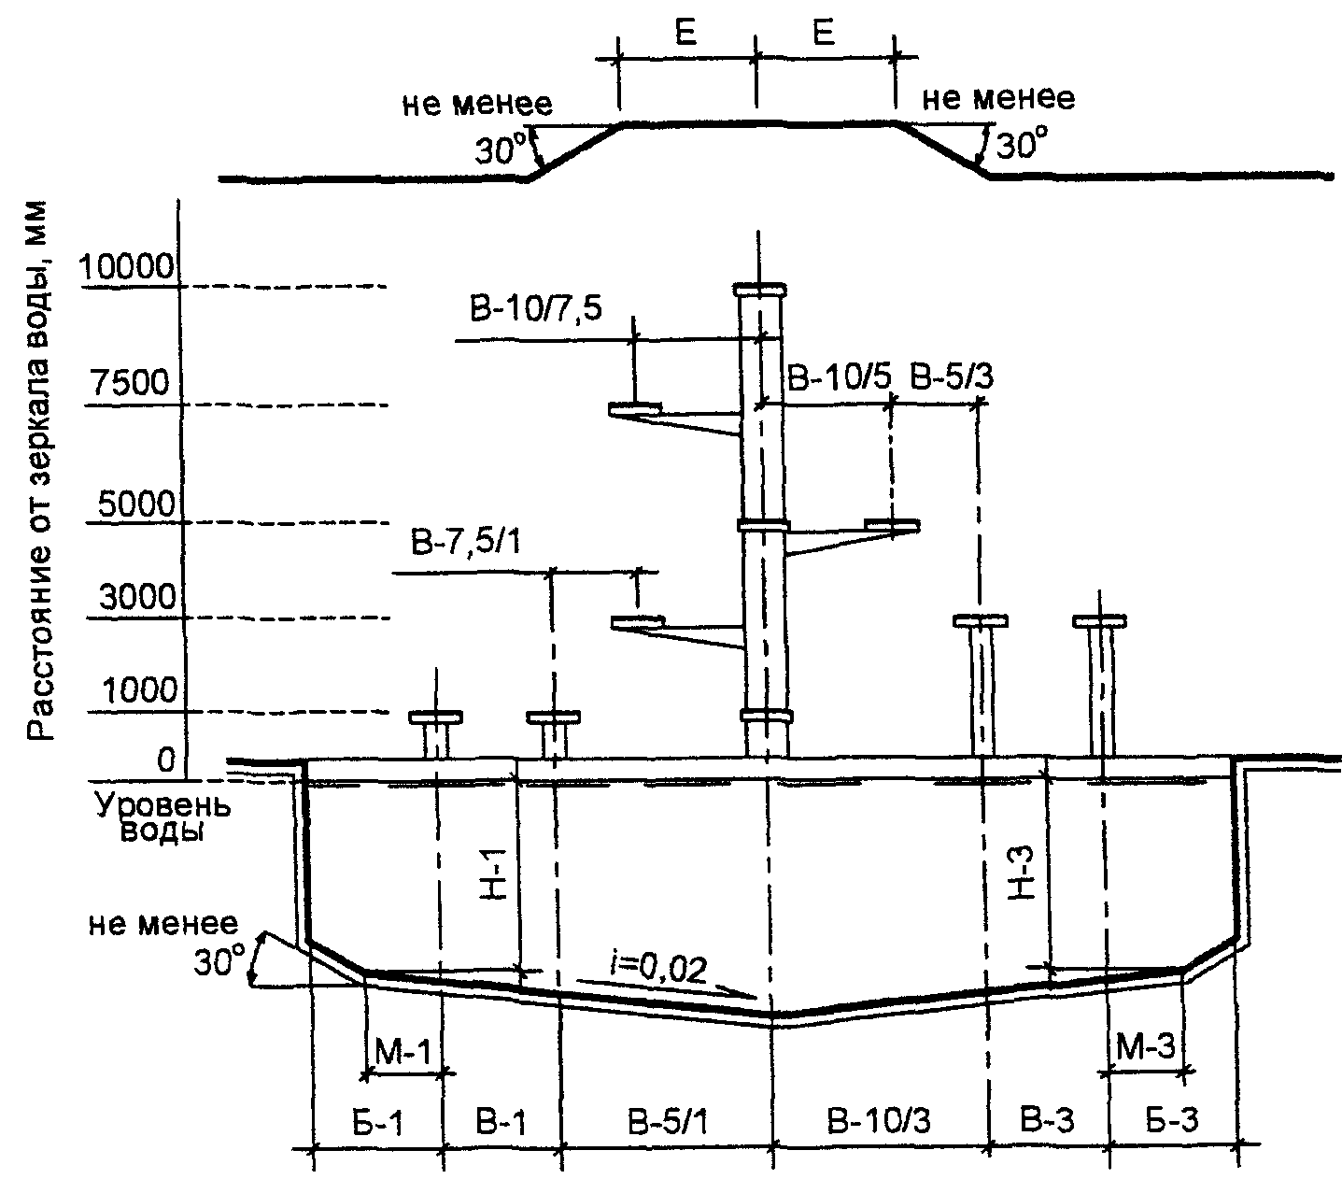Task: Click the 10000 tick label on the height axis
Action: [126, 267]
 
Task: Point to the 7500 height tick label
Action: [131, 382]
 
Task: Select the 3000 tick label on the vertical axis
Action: [138, 597]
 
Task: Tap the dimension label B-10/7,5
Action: [536, 309]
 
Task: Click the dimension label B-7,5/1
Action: [466, 542]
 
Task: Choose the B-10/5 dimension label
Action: [839, 378]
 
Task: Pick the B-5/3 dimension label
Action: [952, 377]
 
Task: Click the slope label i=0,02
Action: [657, 970]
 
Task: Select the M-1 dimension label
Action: [403, 1050]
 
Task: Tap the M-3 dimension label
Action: [1145, 1046]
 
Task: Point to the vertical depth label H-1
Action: [493, 873]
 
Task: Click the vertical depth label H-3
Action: [1021, 873]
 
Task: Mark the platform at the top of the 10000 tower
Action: [759, 290]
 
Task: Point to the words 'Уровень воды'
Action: [162, 817]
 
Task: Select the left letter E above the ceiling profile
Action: [685, 31]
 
